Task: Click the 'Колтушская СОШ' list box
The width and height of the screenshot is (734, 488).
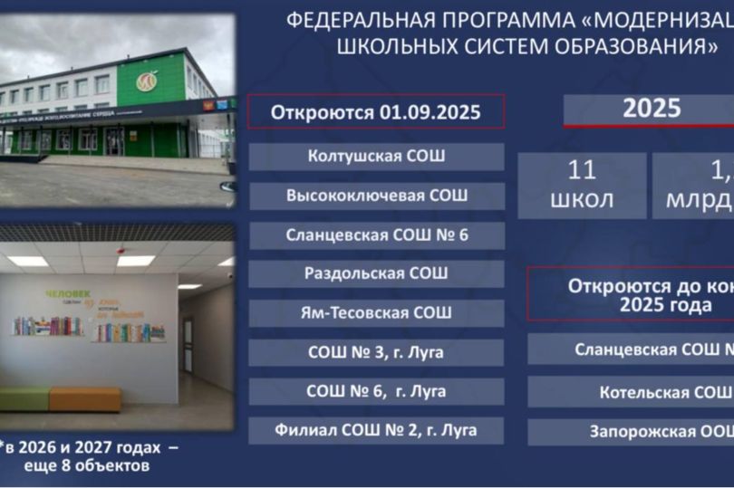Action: click(x=376, y=156)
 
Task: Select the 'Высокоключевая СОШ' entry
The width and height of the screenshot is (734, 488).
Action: click(x=376, y=196)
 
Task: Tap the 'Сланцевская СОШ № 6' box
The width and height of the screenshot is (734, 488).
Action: click(x=376, y=235)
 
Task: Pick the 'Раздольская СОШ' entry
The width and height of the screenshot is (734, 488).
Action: click(x=376, y=274)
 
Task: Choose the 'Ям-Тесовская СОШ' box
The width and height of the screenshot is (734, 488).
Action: click(x=376, y=313)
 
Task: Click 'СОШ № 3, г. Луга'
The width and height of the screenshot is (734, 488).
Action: click(x=376, y=352)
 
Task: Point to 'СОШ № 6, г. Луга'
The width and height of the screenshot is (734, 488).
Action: click(x=376, y=391)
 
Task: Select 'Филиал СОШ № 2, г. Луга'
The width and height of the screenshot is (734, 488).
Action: click(x=376, y=430)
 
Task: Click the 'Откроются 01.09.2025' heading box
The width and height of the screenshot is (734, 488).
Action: click(x=376, y=113)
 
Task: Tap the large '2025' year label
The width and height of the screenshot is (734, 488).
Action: click(x=652, y=109)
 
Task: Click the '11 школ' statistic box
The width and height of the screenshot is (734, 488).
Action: click(x=583, y=185)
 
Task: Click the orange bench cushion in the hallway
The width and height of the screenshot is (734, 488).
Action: click(x=84, y=398)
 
